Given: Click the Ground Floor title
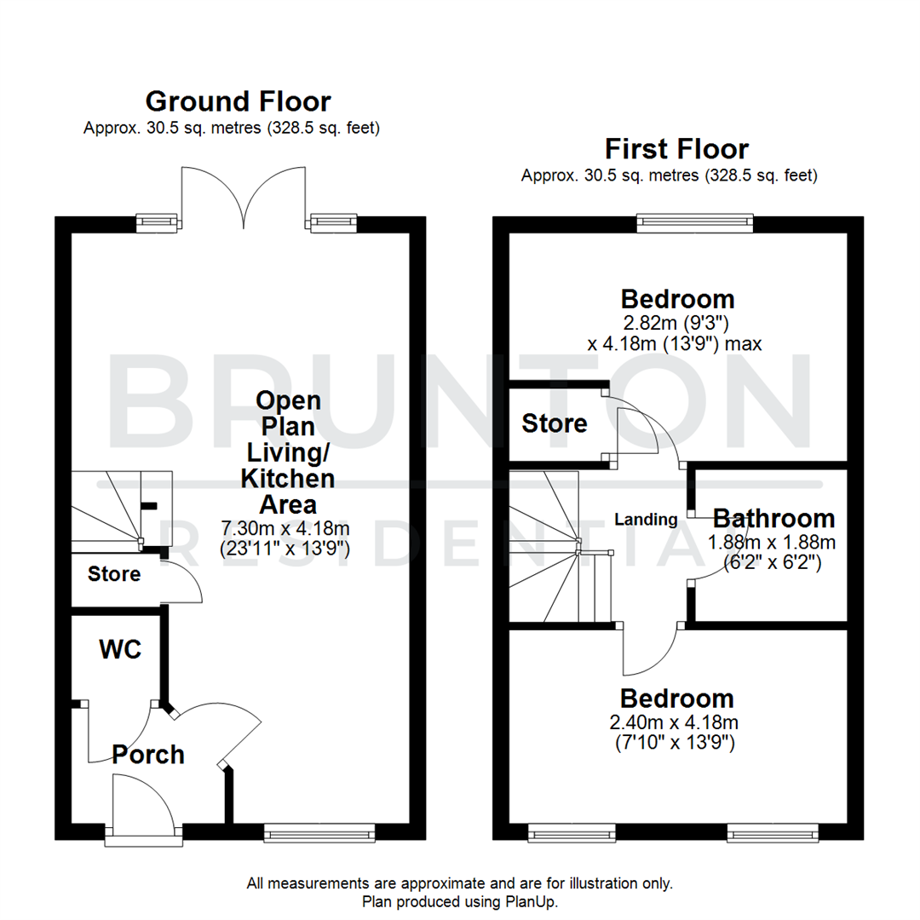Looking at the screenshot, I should (238, 101).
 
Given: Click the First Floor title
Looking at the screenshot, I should (676, 149).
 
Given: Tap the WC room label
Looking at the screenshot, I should (119, 650).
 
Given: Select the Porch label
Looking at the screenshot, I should (148, 754).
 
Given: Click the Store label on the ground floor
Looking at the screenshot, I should (114, 574).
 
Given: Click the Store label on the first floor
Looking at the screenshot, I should (555, 423).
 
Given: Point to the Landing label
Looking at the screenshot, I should (647, 519).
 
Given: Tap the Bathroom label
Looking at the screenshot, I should (773, 518).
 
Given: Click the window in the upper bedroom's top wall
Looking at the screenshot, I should (695, 222).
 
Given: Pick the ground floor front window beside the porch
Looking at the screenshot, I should (319, 831).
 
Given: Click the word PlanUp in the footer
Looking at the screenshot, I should (528, 901).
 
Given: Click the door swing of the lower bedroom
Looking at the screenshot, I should (649, 652).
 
